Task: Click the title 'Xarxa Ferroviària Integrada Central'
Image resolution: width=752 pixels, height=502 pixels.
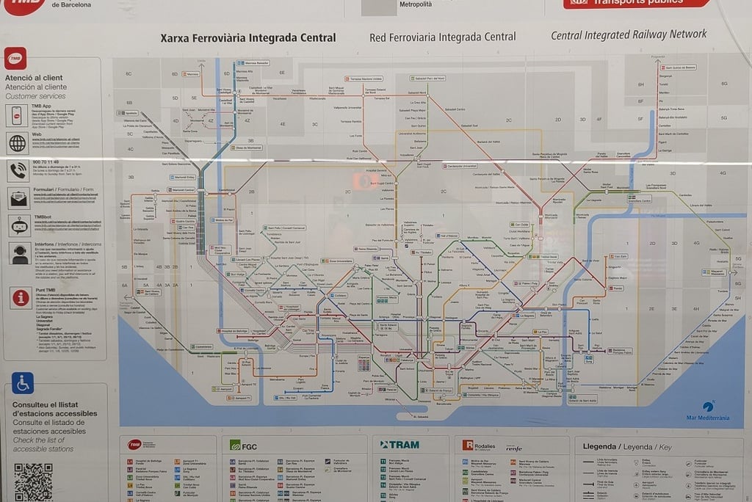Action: pos(248,38)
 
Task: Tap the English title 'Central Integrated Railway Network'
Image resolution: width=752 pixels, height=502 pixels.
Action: pos(629,34)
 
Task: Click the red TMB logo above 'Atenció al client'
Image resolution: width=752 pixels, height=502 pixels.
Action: pos(15,59)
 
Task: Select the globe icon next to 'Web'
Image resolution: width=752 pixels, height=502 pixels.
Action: pos(17,144)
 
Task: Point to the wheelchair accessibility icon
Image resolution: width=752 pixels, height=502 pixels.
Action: pos(23,383)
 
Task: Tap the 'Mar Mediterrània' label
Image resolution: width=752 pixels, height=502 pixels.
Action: pos(707,418)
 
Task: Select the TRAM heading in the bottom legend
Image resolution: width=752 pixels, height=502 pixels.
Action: pos(400,445)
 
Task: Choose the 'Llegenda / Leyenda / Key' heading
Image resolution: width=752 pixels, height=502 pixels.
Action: pos(626,446)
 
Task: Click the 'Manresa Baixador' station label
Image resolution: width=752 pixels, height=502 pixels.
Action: pos(255,63)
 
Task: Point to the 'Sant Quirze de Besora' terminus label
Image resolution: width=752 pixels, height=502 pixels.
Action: pos(679,67)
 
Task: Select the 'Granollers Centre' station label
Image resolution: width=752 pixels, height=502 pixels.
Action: pos(636,200)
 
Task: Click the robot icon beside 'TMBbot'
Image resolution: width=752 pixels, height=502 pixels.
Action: pos(17,224)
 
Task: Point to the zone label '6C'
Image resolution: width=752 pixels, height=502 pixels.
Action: pos(129,74)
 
